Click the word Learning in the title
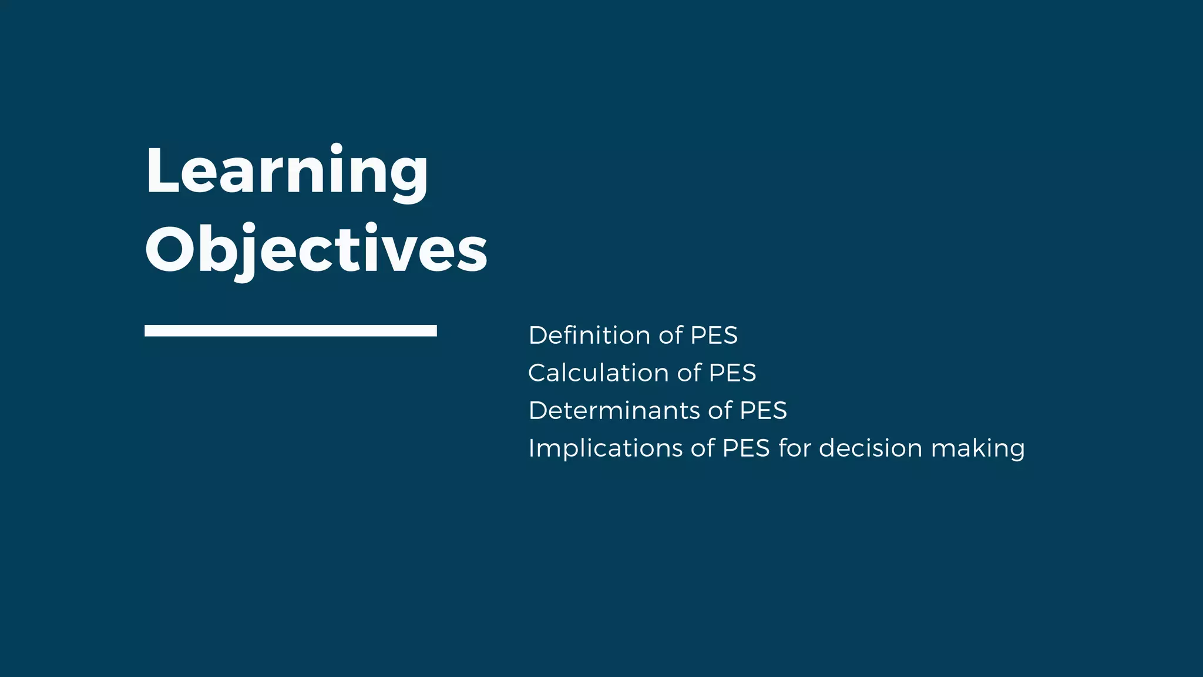pyautogui.click(x=287, y=171)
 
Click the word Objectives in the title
pyautogui.click(x=316, y=250)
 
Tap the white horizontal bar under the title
pyautogui.click(x=290, y=330)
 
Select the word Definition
pyautogui.click(x=590, y=336)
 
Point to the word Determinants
pyautogui.click(x=614, y=411)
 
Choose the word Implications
pyautogui.click(x=605, y=448)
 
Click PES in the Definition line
pyautogui.click(x=714, y=336)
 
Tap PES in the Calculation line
pyautogui.click(x=732, y=373)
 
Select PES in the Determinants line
pyautogui.click(x=763, y=411)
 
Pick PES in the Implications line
pyautogui.click(x=746, y=448)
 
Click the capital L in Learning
pyautogui.click(x=161, y=171)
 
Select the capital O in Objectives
pyautogui.click(x=170, y=250)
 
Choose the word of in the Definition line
pyautogui.click(x=671, y=336)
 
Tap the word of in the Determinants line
pyautogui.click(x=720, y=411)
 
